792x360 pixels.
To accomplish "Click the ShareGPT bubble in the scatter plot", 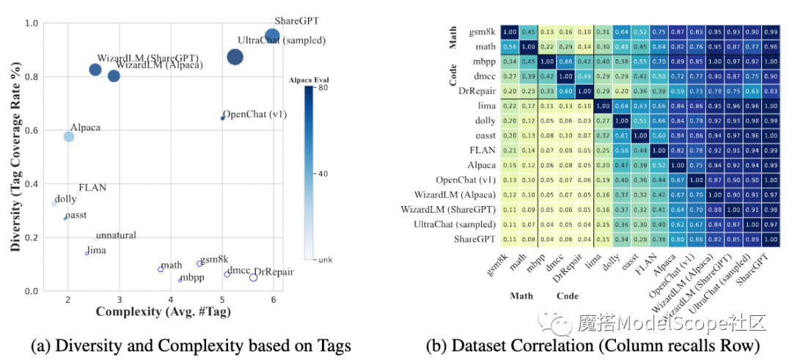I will pyautogui.click(x=272, y=36).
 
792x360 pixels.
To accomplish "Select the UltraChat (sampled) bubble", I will pyautogui.click(x=235, y=57).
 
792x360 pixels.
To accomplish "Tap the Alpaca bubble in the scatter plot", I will pyautogui.click(x=68, y=136).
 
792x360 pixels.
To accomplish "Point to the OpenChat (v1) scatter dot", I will pyautogui.click(x=222, y=118).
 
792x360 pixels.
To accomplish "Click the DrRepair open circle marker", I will pyautogui.click(x=253, y=277).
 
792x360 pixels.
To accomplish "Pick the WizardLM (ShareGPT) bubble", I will pyautogui.click(x=95, y=70).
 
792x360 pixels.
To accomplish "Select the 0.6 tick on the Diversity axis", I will pyautogui.click(x=32, y=130).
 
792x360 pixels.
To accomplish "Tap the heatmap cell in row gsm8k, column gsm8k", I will pyautogui.click(x=509, y=32).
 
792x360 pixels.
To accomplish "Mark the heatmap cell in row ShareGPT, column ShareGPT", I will pyautogui.click(x=771, y=239).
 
